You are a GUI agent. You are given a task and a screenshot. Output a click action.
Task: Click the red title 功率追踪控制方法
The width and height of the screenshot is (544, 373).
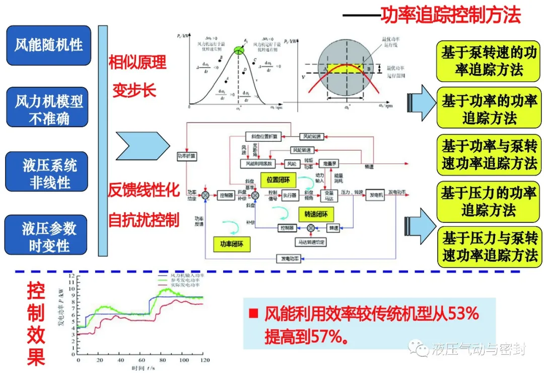pyautogui.click(x=450, y=15)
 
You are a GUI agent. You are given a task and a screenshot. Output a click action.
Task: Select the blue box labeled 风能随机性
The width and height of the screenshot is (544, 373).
pyautogui.click(x=48, y=45)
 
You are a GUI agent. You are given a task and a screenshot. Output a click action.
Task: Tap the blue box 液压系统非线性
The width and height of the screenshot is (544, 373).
pyautogui.click(x=49, y=174)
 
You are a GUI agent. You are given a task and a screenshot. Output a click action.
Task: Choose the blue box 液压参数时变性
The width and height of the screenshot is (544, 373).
pyautogui.click(x=49, y=237)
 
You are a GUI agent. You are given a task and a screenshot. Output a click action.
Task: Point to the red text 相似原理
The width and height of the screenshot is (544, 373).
pyautogui.click(x=137, y=63)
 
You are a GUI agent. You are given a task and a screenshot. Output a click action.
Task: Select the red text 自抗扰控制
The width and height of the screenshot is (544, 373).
pyautogui.click(x=144, y=220)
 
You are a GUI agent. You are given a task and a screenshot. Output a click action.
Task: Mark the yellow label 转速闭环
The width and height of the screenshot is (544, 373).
pyautogui.click(x=316, y=214)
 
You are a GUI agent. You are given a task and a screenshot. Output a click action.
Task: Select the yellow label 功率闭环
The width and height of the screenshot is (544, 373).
pyautogui.click(x=231, y=244)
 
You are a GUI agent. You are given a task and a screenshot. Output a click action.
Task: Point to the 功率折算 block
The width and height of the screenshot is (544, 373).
pyautogui.click(x=186, y=156)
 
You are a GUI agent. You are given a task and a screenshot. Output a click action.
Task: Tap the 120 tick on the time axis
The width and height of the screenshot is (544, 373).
pyautogui.click(x=204, y=361)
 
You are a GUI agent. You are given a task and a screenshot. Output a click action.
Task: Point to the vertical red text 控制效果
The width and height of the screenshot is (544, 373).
pyautogui.click(x=36, y=323)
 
